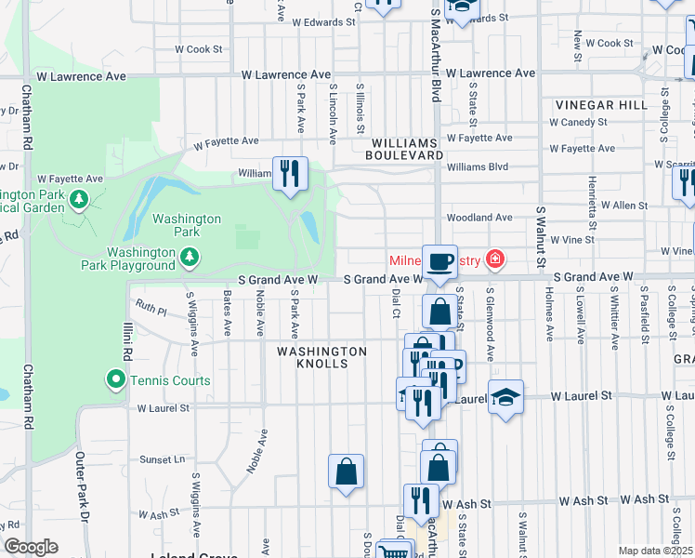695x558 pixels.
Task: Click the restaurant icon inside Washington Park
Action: [x=290, y=174]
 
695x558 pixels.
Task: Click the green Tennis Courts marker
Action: [x=115, y=379]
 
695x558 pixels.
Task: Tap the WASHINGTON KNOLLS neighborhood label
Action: [x=321, y=357]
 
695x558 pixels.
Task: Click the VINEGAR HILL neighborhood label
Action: [x=600, y=105]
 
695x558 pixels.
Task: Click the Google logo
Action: [x=31, y=547]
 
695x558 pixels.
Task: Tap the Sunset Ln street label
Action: [x=161, y=459]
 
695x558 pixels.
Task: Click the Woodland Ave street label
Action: [x=479, y=218]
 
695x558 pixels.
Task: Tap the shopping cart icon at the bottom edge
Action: [x=394, y=551]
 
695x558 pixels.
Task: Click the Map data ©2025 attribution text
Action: [x=655, y=551]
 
